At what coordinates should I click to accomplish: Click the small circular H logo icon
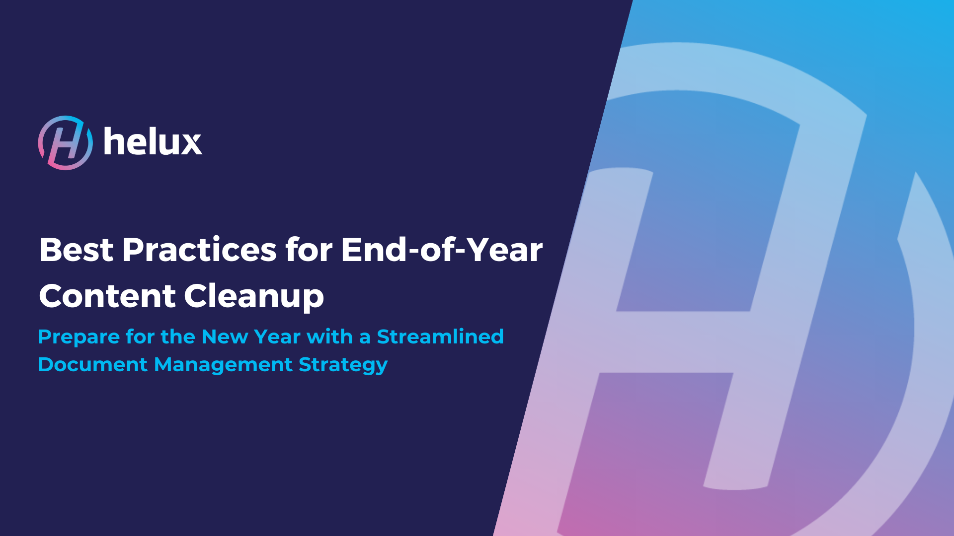[x=65, y=143]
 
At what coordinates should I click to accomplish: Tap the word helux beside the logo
[x=153, y=141]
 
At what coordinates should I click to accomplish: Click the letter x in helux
[x=189, y=144]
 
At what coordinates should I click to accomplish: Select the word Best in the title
[x=77, y=250]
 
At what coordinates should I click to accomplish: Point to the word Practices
[x=199, y=250]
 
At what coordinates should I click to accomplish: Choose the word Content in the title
[x=107, y=296]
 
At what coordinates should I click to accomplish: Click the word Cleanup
[x=254, y=297]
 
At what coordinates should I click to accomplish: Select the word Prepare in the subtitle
[x=79, y=337]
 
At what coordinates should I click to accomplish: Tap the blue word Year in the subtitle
[x=277, y=336]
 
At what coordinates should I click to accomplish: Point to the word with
[x=329, y=336]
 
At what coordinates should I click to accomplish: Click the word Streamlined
[x=440, y=336]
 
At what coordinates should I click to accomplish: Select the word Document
[x=93, y=364]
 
